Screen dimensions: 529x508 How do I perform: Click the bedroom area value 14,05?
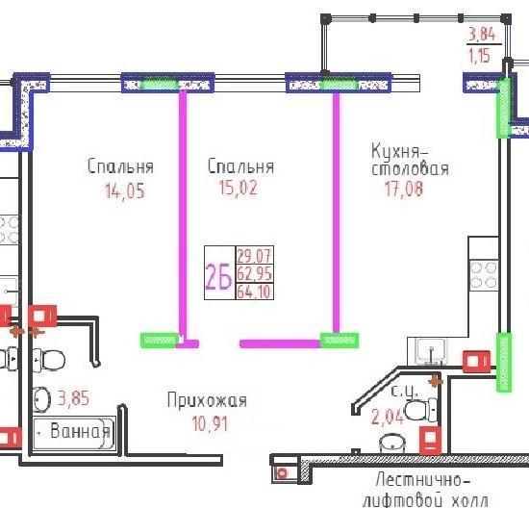click(x=125, y=191)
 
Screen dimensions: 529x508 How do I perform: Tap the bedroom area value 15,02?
click(x=239, y=188)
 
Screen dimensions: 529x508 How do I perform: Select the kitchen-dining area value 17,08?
click(x=404, y=189)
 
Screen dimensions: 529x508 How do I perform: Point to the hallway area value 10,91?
click(x=210, y=423)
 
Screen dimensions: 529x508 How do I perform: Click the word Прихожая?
click(x=207, y=400)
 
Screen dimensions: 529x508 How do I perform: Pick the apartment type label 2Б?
click(x=218, y=276)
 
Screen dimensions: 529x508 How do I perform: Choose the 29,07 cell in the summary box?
click(x=254, y=255)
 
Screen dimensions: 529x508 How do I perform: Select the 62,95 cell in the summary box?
click(x=254, y=273)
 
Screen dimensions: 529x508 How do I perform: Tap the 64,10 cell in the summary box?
click(x=254, y=292)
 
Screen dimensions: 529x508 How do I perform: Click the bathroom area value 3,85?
click(x=73, y=397)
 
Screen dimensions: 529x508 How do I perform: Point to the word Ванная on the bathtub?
click(x=80, y=431)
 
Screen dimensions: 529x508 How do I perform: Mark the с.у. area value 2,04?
click(x=388, y=417)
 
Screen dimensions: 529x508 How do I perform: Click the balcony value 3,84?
click(x=482, y=34)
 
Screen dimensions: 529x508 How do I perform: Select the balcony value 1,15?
click(x=479, y=56)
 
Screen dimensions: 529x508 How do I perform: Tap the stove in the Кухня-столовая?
click(x=484, y=275)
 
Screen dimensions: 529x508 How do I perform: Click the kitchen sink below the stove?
click(x=431, y=351)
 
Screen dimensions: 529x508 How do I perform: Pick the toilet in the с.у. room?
click(x=421, y=410)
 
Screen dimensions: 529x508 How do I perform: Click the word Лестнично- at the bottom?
click(x=423, y=480)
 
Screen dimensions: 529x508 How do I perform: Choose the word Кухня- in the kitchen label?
click(x=400, y=151)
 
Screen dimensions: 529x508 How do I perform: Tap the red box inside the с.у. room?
click(x=431, y=440)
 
